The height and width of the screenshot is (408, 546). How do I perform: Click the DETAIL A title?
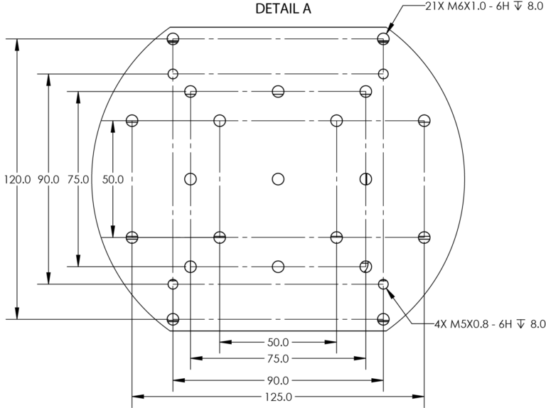click(283, 9)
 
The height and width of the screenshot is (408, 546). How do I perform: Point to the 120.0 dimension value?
click(17, 180)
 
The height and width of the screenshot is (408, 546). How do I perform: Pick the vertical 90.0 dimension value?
click(48, 180)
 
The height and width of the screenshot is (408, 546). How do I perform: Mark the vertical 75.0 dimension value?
click(77, 180)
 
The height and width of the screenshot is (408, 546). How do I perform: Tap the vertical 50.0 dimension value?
click(113, 180)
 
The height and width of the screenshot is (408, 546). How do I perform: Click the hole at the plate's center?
click(278, 178)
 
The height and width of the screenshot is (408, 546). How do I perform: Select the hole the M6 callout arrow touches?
click(384, 38)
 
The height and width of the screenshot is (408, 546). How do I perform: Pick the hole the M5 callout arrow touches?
click(384, 284)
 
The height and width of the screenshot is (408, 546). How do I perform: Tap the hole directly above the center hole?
click(278, 91)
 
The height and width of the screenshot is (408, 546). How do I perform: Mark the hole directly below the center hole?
click(278, 267)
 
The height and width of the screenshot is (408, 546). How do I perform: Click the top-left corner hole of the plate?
click(173, 38)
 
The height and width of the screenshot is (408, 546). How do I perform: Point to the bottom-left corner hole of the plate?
click(173, 318)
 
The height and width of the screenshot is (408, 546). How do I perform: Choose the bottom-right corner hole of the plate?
click(384, 318)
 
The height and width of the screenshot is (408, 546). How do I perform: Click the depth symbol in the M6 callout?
click(520, 6)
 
